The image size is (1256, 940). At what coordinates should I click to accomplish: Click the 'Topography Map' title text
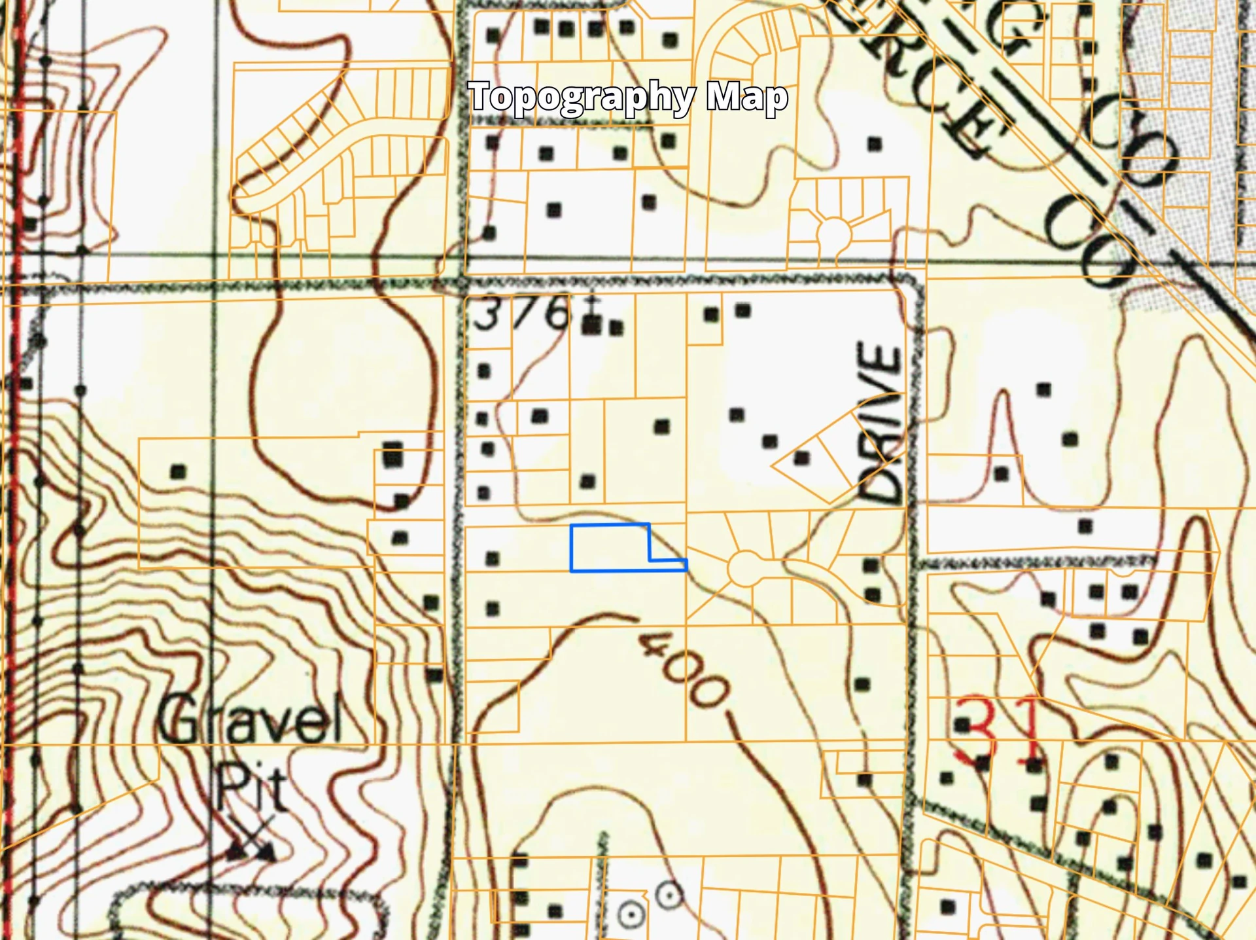click(x=628, y=97)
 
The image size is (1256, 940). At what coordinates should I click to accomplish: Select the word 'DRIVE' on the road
click(x=880, y=422)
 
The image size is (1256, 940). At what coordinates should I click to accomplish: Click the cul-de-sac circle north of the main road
click(x=833, y=233)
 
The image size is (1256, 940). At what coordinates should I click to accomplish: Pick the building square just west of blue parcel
click(x=493, y=558)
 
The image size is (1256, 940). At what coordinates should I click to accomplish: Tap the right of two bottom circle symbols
click(x=669, y=895)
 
